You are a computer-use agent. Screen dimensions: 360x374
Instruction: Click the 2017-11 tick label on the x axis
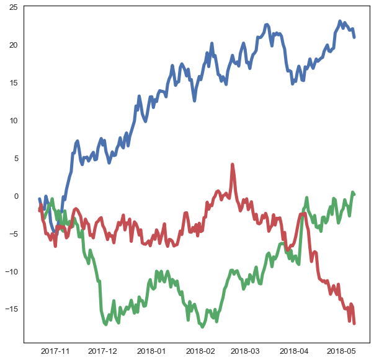pos(55,352)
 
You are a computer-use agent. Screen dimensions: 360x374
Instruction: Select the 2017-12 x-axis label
pos(103,352)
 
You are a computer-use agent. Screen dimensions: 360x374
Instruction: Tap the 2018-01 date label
pos(152,352)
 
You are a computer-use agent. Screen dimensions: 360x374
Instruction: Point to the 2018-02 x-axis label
pos(200,352)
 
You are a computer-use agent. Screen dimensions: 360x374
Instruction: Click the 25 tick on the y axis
pos(13,7)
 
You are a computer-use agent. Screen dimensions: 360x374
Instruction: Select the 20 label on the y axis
pos(13,45)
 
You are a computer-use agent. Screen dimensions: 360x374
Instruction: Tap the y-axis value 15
pos(13,83)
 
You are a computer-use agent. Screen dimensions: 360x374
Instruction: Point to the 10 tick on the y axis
pos(13,121)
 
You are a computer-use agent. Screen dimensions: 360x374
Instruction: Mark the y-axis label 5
pos(16,159)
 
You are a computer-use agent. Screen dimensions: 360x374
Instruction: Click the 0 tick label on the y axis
pos(16,196)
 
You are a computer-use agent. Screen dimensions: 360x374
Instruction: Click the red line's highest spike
pos(232,165)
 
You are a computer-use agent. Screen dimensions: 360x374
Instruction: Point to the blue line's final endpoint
pos(354,37)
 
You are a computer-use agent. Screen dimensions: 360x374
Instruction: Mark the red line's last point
pos(354,323)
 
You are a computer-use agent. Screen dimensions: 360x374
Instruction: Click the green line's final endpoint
pos(354,195)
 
